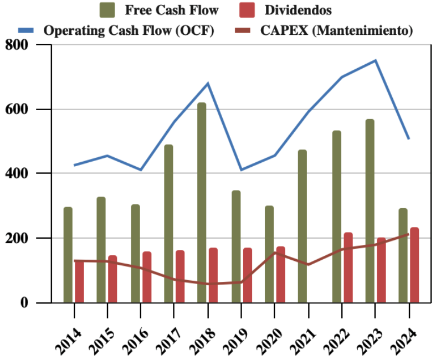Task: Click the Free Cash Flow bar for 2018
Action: click(x=202, y=203)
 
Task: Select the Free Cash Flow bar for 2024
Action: click(x=403, y=255)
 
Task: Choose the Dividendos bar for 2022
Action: click(x=348, y=268)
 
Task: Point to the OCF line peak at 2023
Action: click(x=376, y=60)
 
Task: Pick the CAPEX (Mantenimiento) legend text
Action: click(x=336, y=30)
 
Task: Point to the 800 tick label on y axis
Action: click(x=16, y=44)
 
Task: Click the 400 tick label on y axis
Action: click(x=16, y=173)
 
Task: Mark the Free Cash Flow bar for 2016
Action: click(x=135, y=254)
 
